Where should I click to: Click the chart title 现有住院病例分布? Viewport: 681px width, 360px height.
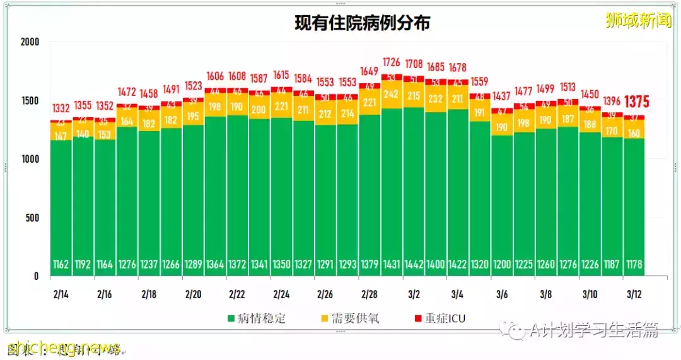coord(363,23)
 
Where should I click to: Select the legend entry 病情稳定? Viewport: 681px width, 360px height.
coord(256,318)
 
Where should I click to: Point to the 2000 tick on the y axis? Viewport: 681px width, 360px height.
coord(29,42)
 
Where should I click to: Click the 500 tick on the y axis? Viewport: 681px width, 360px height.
coord(32,218)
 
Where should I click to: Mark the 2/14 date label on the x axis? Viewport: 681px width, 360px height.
coord(61,294)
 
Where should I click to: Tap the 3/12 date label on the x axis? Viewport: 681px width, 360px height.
coord(634,294)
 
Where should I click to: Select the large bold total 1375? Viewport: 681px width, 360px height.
coord(637,102)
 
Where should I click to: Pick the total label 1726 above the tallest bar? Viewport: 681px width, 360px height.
coord(392,62)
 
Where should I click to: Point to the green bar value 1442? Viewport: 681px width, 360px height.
coord(414,264)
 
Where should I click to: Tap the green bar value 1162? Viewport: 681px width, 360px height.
coord(61,264)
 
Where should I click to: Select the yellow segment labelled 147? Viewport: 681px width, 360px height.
coord(61,136)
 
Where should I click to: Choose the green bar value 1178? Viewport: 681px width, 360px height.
coord(634,264)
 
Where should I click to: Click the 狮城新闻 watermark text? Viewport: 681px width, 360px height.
coord(638,21)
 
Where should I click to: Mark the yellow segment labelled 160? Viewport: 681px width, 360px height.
coord(634,133)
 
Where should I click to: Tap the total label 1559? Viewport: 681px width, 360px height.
coord(480,81)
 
